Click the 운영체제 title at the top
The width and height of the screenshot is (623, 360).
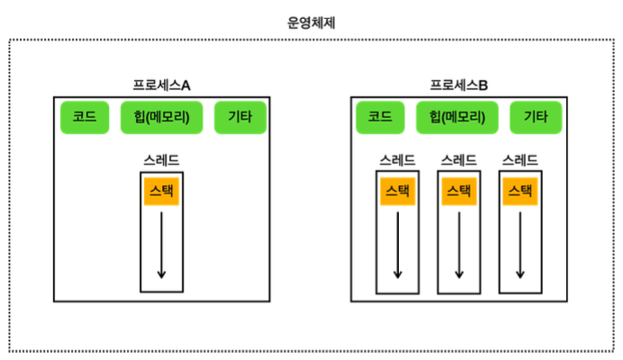pos(311,22)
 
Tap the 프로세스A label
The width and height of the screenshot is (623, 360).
pos(161,85)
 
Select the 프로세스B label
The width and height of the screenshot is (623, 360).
pos(459,85)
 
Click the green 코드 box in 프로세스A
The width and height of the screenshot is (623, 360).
pos(84,117)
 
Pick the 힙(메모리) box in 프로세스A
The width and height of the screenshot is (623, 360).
pos(161,117)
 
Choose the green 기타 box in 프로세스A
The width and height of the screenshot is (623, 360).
pos(239,117)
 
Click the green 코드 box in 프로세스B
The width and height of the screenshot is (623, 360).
pos(379,117)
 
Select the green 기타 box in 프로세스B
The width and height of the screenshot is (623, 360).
pos(536,117)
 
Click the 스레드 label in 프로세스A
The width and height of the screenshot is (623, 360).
pos(161,160)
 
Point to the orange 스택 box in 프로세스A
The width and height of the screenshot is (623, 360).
pos(161,191)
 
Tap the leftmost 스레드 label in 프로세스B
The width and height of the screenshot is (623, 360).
pos(397,160)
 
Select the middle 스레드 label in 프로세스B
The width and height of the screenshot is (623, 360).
pos(458,160)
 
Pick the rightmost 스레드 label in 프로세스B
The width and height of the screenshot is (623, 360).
pos(520,160)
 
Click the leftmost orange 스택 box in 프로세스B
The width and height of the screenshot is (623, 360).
pos(397,191)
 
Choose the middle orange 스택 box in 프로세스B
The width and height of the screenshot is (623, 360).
pos(458,191)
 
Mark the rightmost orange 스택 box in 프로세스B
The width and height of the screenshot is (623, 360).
pos(520,191)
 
